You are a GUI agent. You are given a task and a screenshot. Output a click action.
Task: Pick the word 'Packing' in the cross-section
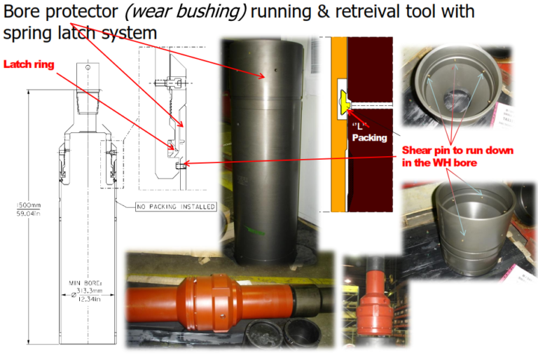tap(369, 137)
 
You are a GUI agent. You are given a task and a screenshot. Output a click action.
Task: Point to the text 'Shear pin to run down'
tap(457, 151)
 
